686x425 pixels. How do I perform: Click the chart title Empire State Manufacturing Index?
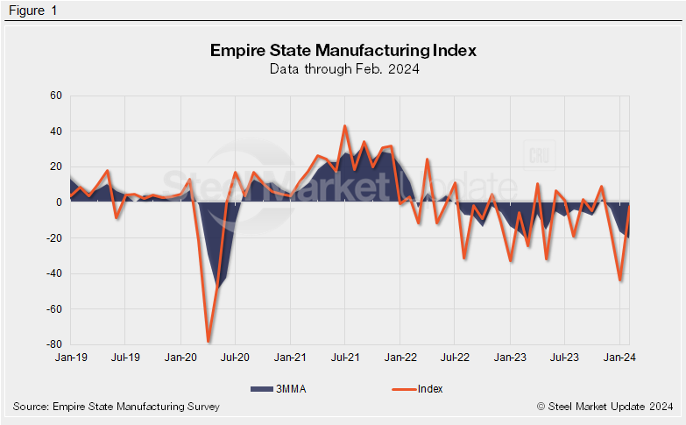coord(343,50)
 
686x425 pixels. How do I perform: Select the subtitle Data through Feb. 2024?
coord(343,69)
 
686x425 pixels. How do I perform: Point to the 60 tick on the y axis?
coord(56,96)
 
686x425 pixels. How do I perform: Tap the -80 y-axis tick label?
coord(54,344)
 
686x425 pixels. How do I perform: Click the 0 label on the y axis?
coord(59,202)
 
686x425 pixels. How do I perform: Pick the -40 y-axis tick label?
coord(54,273)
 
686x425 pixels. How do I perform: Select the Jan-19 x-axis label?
coord(70,358)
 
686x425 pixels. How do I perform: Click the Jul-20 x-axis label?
coord(236,358)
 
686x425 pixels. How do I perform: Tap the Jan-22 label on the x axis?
coord(400,358)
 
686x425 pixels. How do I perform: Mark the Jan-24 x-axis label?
coord(619,358)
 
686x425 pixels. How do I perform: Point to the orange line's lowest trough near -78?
coord(209,341)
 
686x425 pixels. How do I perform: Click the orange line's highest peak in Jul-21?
coord(345,126)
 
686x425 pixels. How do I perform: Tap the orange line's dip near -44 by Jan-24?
coord(620,280)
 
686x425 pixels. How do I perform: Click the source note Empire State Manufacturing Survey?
coord(117,407)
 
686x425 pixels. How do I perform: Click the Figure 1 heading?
coord(32,10)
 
